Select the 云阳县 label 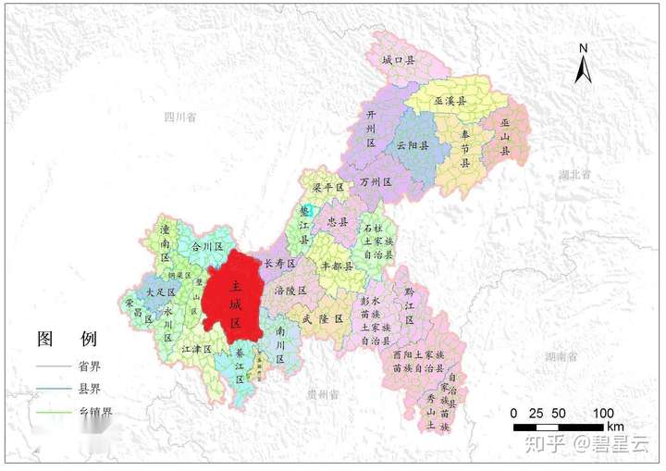(413, 146)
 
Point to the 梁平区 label (327, 187)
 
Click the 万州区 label (377, 182)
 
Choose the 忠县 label (338, 223)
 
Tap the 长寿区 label (279, 264)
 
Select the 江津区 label (197, 350)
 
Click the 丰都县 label (337, 265)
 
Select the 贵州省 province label (323, 394)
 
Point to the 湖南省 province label (561, 355)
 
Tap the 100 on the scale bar (602, 413)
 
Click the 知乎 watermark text (544, 444)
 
